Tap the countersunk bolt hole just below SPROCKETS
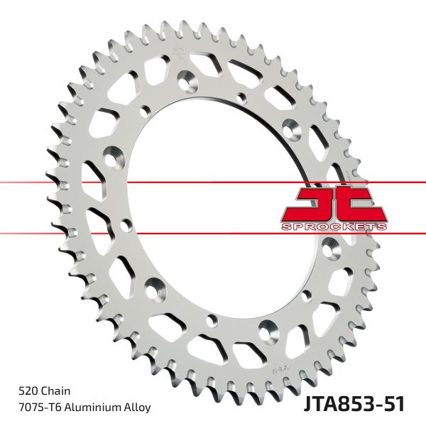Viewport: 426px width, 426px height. [332, 248]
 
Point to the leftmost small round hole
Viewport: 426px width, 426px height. [126, 226]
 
